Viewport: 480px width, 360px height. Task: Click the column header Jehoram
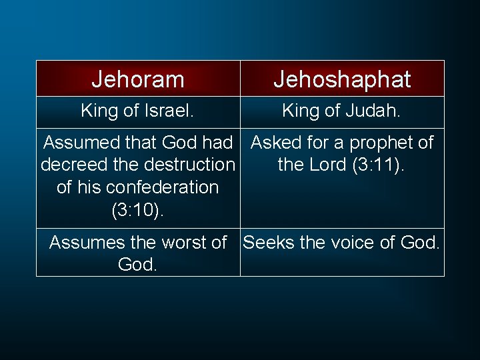click(x=138, y=79)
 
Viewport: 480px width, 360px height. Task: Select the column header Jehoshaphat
click(x=342, y=79)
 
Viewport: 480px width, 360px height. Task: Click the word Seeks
click(x=269, y=243)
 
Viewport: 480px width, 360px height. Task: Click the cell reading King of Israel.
click(x=138, y=111)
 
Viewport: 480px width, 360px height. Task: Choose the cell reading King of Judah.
click(x=342, y=111)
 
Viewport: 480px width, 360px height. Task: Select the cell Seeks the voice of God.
click(x=342, y=252)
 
